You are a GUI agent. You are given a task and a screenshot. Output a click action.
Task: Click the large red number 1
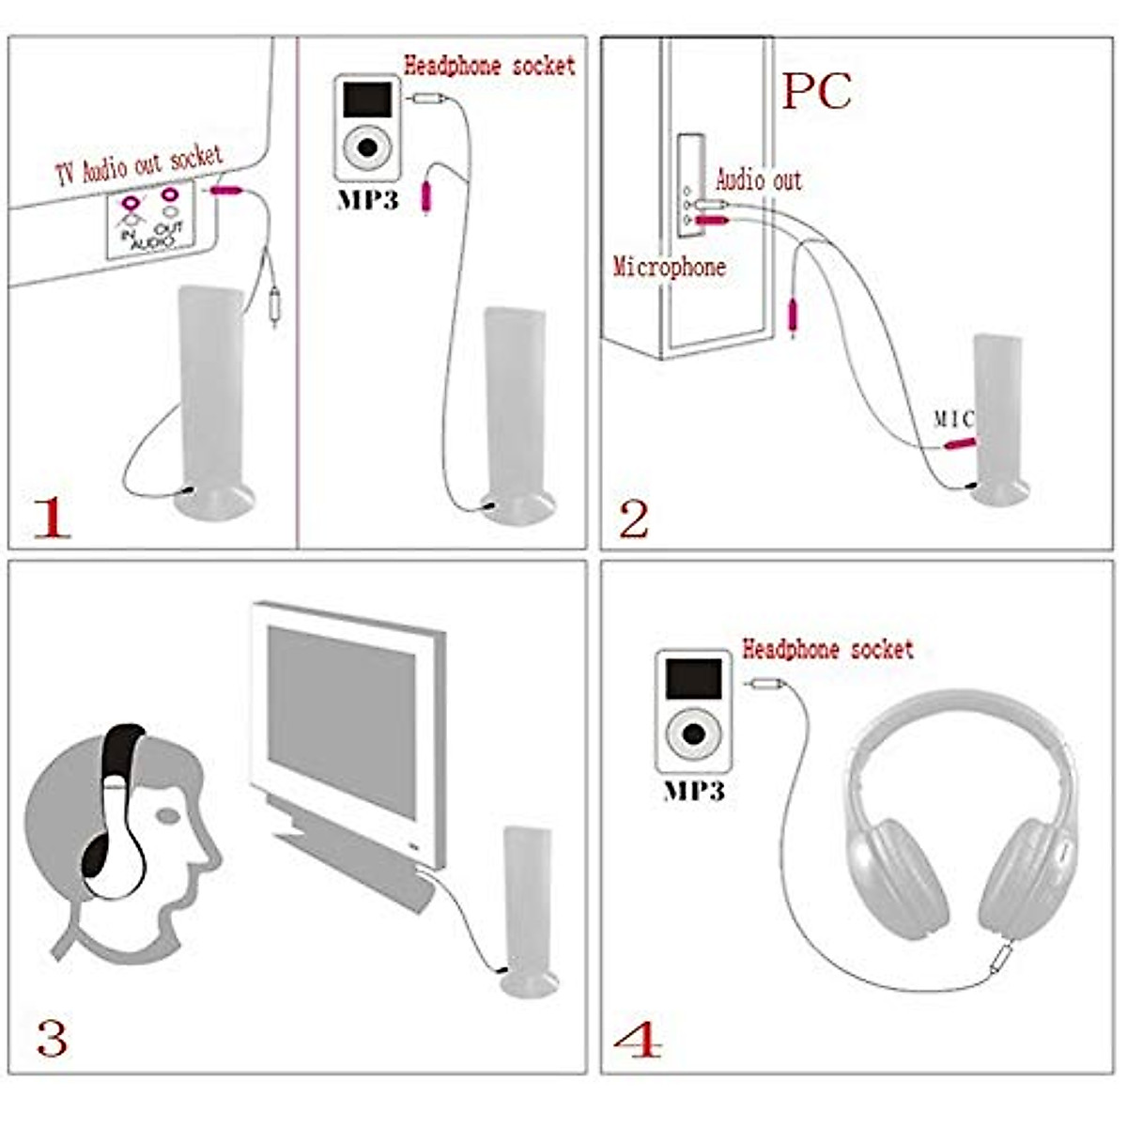click(52, 517)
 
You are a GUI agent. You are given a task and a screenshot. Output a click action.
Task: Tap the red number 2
click(634, 519)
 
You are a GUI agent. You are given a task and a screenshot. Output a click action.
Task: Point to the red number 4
click(638, 1040)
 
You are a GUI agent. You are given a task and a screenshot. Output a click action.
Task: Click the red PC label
click(816, 91)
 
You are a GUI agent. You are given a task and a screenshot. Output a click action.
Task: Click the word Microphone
click(670, 267)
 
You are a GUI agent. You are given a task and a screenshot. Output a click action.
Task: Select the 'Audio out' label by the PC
click(759, 178)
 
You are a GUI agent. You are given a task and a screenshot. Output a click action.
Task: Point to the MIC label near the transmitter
click(953, 419)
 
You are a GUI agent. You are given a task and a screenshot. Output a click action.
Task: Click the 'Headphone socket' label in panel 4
click(827, 648)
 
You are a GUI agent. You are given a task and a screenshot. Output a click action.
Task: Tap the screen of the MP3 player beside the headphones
click(693, 678)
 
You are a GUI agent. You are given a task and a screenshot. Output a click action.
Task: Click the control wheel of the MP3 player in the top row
click(366, 147)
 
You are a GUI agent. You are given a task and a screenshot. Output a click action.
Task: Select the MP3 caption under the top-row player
click(367, 200)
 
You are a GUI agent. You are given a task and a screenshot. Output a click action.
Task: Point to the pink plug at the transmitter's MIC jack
click(959, 443)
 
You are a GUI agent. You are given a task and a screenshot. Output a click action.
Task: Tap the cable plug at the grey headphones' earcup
click(1001, 957)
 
